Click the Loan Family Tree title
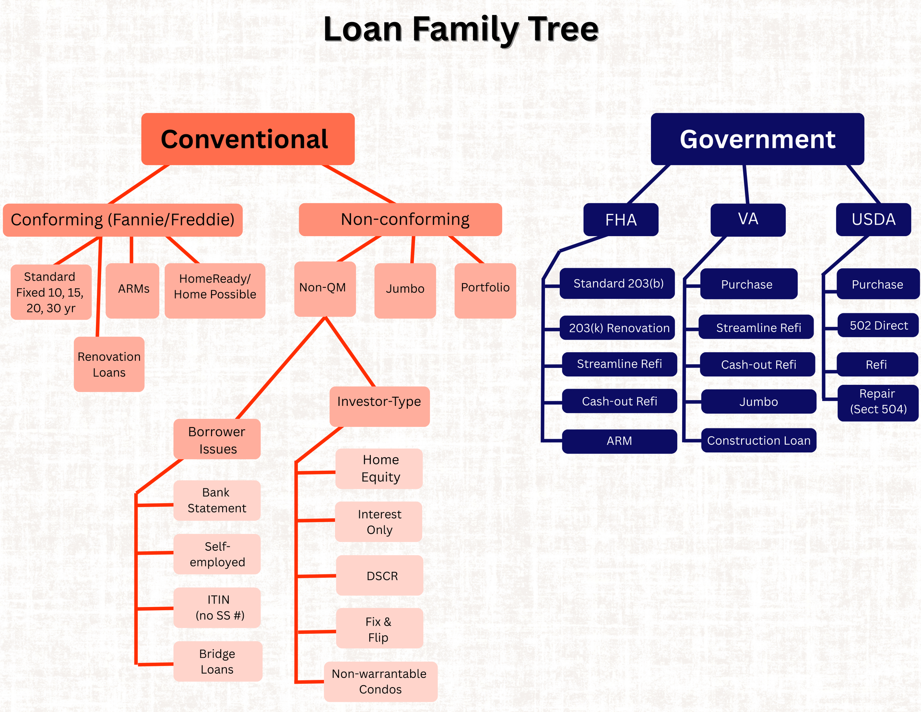[x=460, y=30]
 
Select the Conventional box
[x=248, y=139]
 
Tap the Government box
[x=757, y=139]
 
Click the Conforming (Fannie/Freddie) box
[x=122, y=220]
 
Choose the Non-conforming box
[x=400, y=219]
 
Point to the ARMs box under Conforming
[x=132, y=290]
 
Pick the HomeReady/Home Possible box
[x=215, y=290]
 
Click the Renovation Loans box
[x=109, y=364]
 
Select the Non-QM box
[x=325, y=288]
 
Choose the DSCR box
[x=379, y=575]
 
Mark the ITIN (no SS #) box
[x=217, y=607]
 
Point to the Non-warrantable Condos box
[x=380, y=681]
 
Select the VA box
[x=747, y=220]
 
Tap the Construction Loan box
[x=758, y=440]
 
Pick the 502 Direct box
[x=878, y=325]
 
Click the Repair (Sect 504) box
[x=878, y=402]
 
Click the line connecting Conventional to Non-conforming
[x=358, y=184]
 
